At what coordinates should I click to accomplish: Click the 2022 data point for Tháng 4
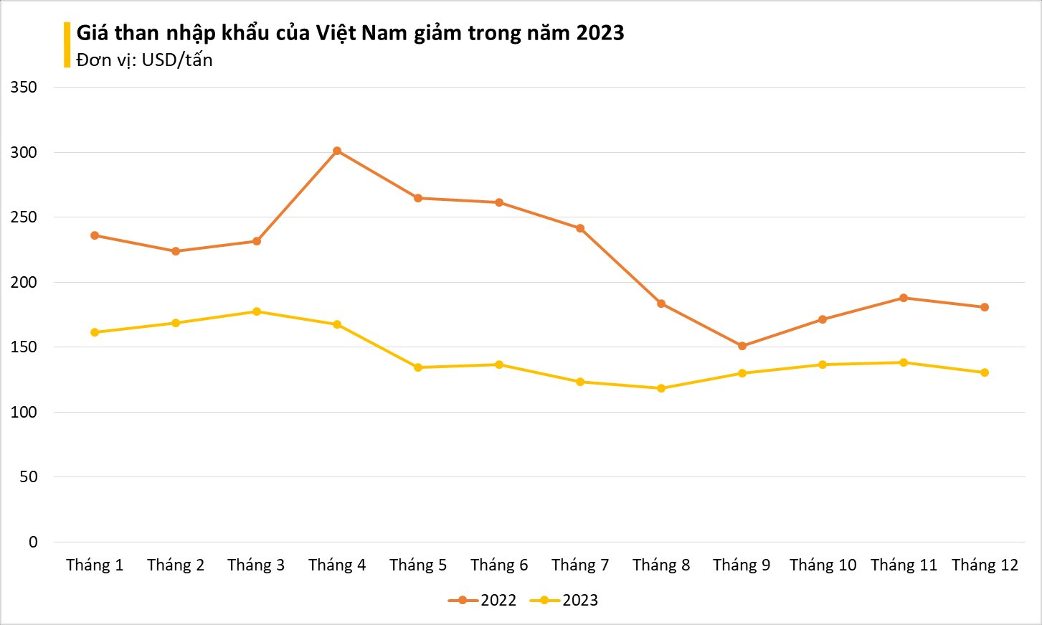pyautogui.click(x=337, y=151)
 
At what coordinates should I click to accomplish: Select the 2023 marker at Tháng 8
pyautogui.click(x=661, y=388)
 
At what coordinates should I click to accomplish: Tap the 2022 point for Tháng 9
pyautogui.click(x=742, y=346)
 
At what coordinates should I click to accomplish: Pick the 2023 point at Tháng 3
pyautogui.click(x=257, y=311)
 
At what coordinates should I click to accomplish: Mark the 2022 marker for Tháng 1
pyautogui.click(x=95, y=235)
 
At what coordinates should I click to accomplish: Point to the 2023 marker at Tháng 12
pyautogui.click(x=985, y=372)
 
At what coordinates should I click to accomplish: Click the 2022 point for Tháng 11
pyautogui.click(x=904, y=298)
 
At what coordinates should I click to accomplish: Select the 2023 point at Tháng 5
pyautogui.click(x=418, y=367)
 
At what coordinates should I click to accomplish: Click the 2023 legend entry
pyautogui.click(x=564, y=601)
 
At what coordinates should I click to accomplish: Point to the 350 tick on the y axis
pyautogui.click(x=24, y=88)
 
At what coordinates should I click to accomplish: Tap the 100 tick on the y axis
pyautogui.click(x=24, y=413)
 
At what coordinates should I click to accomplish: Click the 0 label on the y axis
pyautogui.click(x=33, y=542)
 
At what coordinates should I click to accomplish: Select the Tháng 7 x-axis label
pyautogui.click(x=580, y=565)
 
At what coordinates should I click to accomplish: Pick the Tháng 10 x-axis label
pyautogui.click(x=823, y=565)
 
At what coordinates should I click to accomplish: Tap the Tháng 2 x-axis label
pyautogui.click(x=176, y=565)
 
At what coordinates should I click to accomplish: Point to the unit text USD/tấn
pyautogui.click(x=177, y=60)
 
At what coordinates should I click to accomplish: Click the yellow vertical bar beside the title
pyautogui.click(x=67, y=44)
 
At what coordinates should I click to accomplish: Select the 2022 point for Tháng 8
pyautogui.click(x=661, y=304)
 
